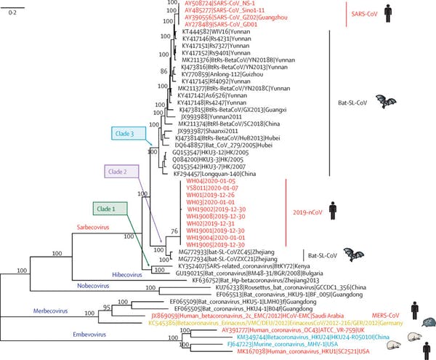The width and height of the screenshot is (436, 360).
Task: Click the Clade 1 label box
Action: pos(111,209)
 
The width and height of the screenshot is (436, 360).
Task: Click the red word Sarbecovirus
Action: pos(93,228)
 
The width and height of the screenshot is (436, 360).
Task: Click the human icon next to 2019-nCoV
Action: pos(333,211)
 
